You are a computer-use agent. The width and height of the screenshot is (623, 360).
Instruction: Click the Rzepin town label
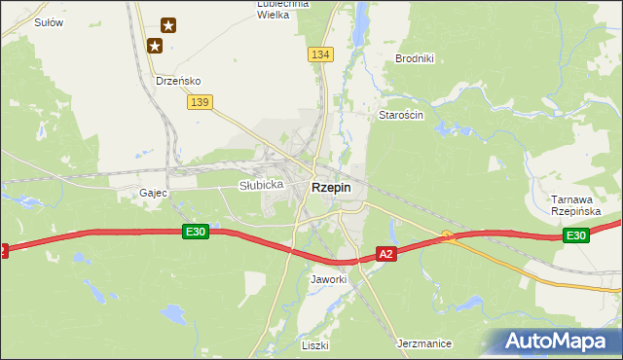point(331,188)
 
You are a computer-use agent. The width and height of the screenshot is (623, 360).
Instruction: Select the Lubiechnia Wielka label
point(281,9)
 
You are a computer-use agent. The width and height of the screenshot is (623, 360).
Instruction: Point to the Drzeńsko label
point(178,82)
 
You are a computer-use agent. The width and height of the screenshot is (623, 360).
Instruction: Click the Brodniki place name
point(414,58)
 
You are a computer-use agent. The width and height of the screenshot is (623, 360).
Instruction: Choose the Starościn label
point(401,115)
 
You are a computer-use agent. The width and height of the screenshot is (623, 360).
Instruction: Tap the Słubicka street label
point(261,185)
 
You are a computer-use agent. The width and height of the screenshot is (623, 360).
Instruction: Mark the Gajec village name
point(154,193)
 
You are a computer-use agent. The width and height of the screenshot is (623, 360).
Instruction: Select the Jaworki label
point(328,279)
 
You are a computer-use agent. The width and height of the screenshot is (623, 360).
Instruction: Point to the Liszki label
point(315,345)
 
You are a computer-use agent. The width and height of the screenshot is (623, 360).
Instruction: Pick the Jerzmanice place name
point(425,343)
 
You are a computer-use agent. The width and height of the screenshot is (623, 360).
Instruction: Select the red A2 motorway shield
point(386,254)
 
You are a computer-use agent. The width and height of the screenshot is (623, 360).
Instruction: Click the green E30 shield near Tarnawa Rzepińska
point(576,235)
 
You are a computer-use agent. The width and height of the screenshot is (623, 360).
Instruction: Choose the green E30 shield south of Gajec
point(196,231)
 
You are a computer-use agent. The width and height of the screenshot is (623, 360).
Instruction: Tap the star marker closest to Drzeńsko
point(154,45)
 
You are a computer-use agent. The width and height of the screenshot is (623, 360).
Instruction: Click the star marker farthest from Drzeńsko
point(168,25)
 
